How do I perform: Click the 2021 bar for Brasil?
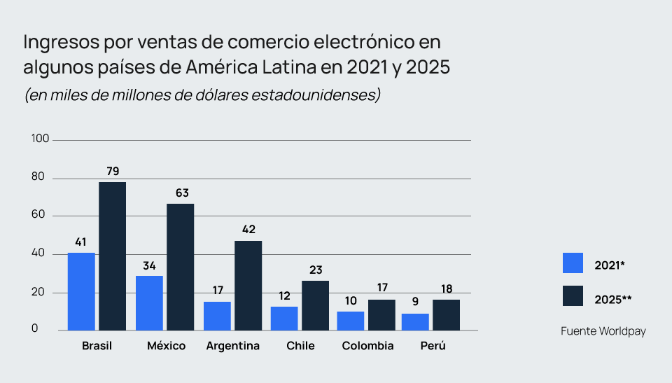click(81, 291)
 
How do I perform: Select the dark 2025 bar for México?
click(180, 267)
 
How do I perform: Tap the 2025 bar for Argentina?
click(248, 286)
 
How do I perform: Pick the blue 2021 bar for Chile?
click(284, 319)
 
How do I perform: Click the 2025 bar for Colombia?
click(381, 315)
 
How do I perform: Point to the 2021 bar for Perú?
click(415, 322)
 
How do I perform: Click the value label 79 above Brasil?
click(112, 172)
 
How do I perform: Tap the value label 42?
click(248, 229)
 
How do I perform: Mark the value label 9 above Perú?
click(415, 302)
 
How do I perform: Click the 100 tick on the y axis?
click(41, 139)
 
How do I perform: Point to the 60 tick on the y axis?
click(38, 216)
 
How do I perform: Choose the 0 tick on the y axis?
click(35, 330)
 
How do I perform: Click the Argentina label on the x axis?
click(233, 346)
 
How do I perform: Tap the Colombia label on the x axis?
click(368, 346)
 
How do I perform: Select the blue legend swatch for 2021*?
click(573, 263)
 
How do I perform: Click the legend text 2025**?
click(613, 300)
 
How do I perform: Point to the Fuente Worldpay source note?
click(603, 331)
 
